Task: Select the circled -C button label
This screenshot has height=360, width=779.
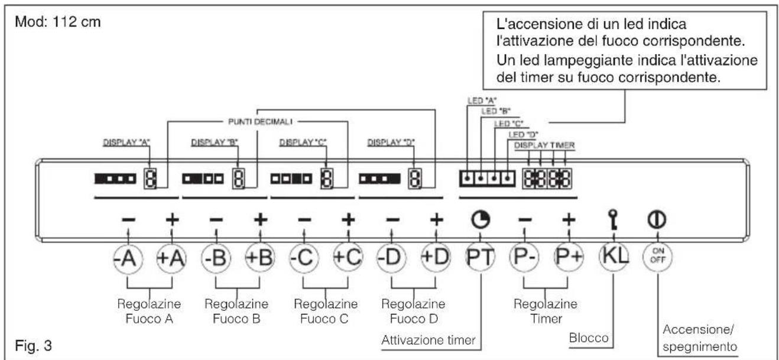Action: tap(304, 258)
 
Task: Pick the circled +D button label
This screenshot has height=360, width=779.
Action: tap(435, 258)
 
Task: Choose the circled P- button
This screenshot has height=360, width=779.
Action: tap(524, 258)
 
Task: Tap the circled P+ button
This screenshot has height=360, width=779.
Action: tap(568, 258)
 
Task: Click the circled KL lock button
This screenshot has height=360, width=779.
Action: tap(613, 258)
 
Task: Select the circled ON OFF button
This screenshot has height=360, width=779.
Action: tap(657, 258)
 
